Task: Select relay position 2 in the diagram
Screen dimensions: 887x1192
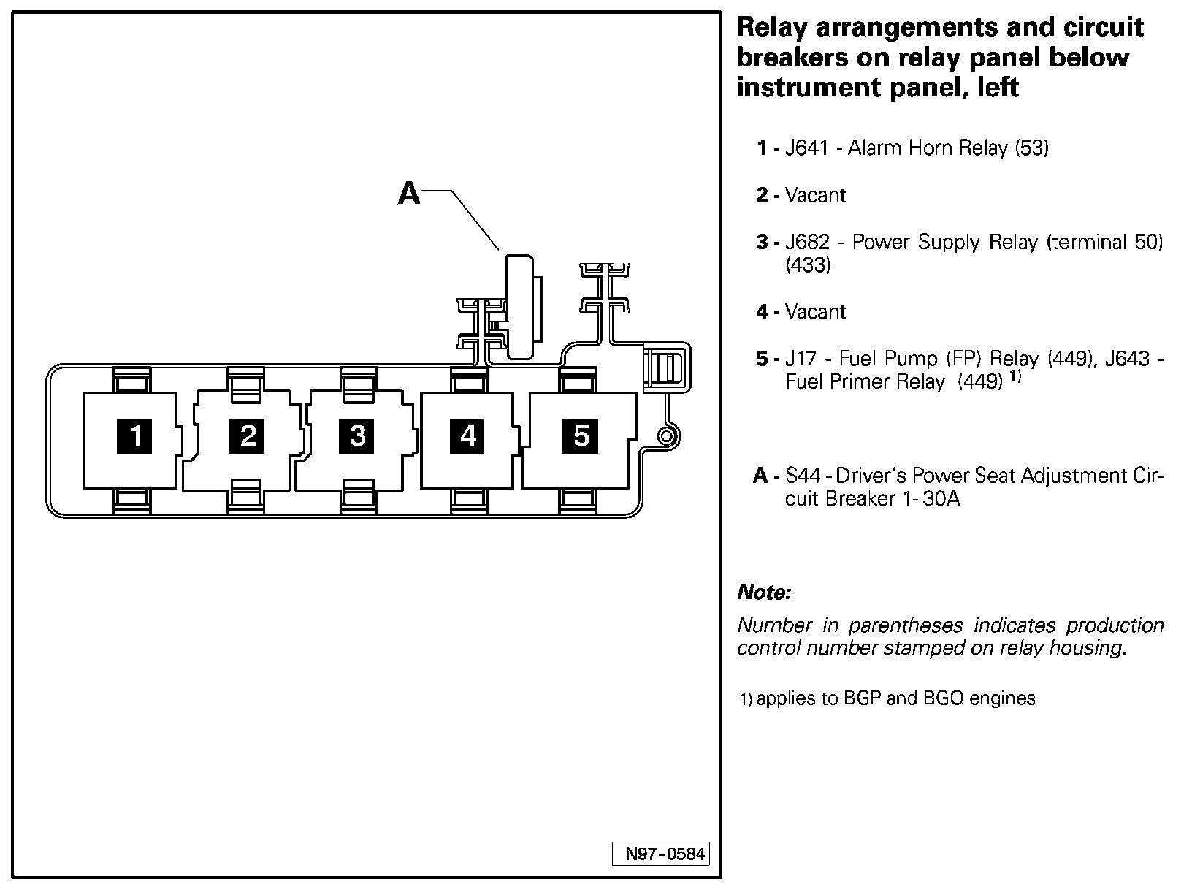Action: [x=248, y=436]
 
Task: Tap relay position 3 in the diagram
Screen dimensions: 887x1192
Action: [x=357, y=436]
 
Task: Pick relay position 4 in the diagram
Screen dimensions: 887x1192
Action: [x=467, y=436]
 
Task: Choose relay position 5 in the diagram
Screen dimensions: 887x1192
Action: [x=581, y=436]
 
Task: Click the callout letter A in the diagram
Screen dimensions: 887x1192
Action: [x=409, y=194]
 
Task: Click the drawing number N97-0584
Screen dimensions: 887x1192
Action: [x=660, y=854]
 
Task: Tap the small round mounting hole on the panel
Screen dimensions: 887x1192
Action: [x=665, y=436]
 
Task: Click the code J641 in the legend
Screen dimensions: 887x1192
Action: [x=806, y=148]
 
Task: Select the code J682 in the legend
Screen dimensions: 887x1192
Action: [x=808, y=242]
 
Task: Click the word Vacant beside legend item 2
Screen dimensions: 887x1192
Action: [x=815, y=196]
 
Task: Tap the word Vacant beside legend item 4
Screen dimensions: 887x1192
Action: [x=815, y=312]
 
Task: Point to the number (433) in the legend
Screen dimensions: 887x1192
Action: [x=809, y=265]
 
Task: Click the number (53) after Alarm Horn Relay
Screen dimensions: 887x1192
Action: [x=1031, y=148]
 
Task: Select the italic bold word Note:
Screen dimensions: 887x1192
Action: [x=764, y=592]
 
